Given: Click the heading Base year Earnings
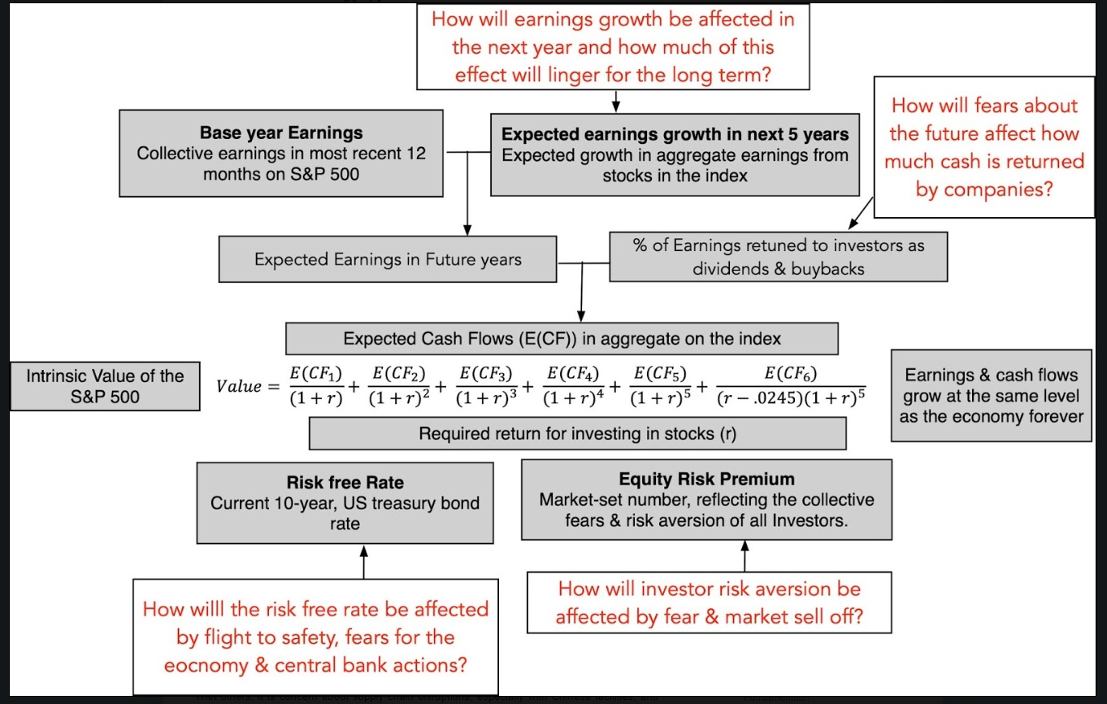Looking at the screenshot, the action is click(x=280, y=133).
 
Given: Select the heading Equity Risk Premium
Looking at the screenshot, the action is click(x=706, y=479).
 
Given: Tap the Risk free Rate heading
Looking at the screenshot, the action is click(x=345, y=482).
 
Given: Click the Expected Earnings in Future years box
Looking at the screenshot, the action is click(x=388, y=259).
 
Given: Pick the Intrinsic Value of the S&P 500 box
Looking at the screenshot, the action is click(x=106, y=386).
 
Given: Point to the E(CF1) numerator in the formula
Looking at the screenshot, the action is click(x=316, y=374).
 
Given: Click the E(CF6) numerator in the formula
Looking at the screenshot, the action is click(x=791, y=373).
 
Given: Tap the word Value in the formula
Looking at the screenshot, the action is click(x=239, y=386).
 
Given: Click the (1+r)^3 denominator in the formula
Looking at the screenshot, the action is click(x=486, y=398).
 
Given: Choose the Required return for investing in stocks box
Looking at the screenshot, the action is click(x=577, y=433).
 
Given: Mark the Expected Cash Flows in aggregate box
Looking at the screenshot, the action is click(x=562, y=339).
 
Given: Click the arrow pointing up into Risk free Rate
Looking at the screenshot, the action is click(x=364, y=562).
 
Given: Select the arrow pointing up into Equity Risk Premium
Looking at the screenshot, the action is click(x=745, y=556).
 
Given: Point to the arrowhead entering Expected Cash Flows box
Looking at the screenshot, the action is click(x=581, y=316).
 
